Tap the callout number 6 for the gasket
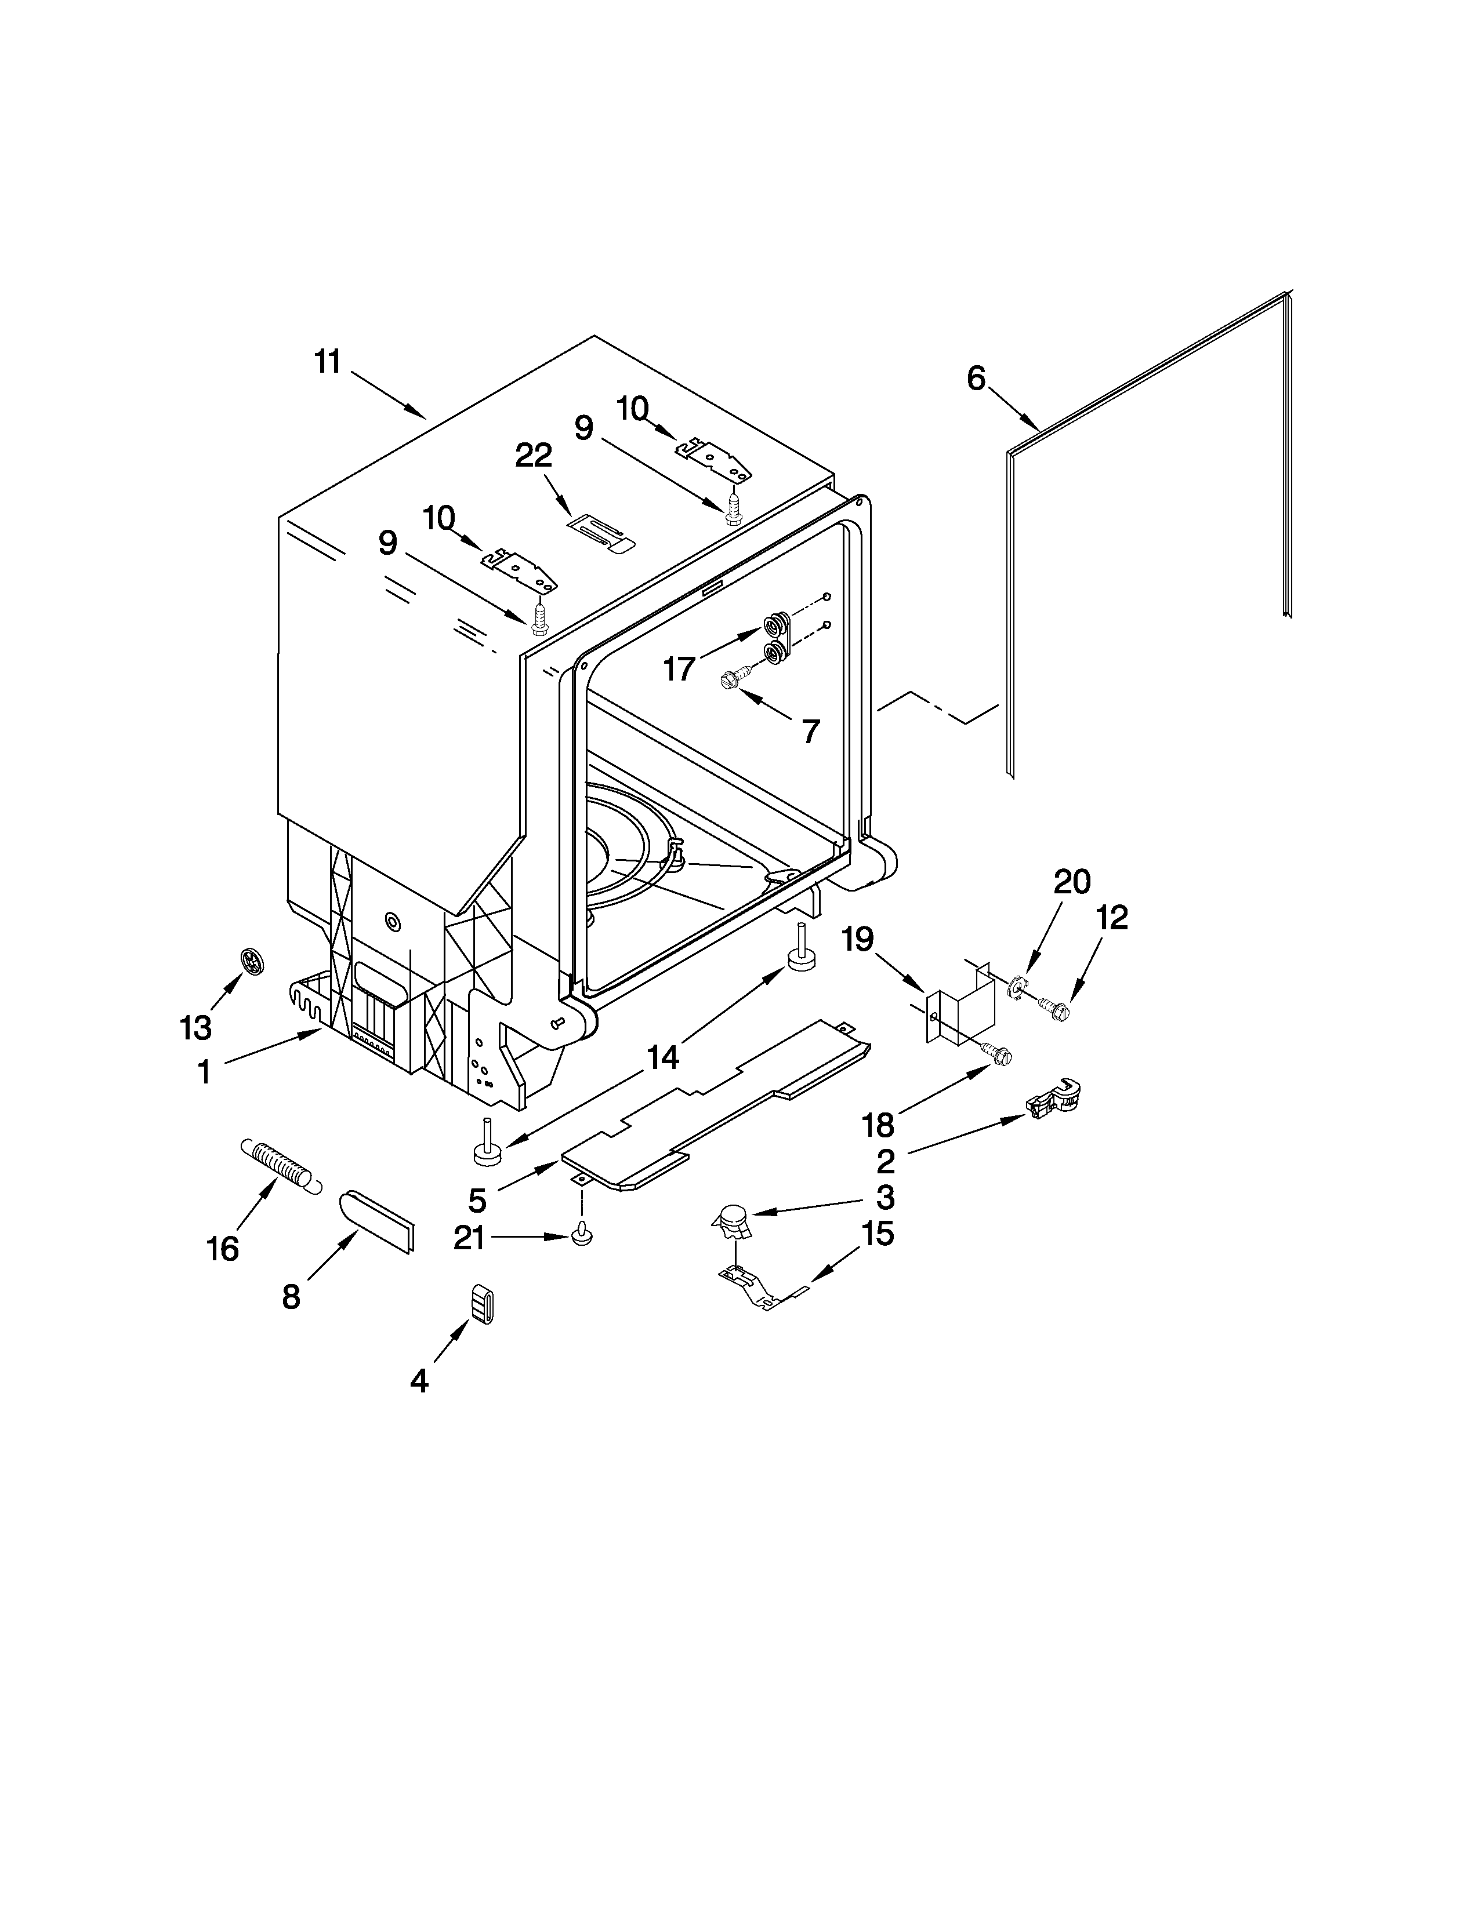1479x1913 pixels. [x=976, y=379]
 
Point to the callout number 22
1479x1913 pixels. [x=534, y=456]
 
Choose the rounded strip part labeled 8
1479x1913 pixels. [x=378, y=1219]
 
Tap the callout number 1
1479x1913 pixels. [x=204, y=1070]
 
